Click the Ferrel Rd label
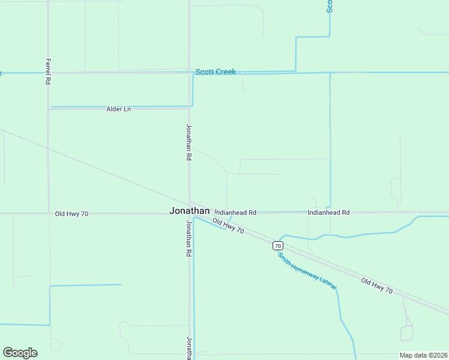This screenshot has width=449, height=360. [x=47, y=71]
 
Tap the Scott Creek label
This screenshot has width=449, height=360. [x=215, y=72]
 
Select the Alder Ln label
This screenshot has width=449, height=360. [x=118, y=109]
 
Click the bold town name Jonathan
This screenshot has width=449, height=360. [x=190, y=211]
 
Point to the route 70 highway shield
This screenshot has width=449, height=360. [x=277, y=245]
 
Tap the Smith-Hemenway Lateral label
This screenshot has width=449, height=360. [x=307, y=272]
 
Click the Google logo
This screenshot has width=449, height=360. [x=20, y=353]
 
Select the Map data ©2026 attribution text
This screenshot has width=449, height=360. [x=423, y=355]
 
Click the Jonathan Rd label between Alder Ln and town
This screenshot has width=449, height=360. [x=188, y=142]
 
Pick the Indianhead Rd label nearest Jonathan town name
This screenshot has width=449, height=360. [x=235, y=212]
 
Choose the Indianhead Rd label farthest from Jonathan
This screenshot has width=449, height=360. [x=328, y=212]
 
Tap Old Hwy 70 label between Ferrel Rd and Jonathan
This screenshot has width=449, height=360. [x=71, y=214]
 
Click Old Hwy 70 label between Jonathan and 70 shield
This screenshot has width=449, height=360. [x=229, y=227]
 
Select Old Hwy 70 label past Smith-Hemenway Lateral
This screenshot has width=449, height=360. [x=377, y=286]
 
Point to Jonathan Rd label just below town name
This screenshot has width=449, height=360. [x=188, y=238]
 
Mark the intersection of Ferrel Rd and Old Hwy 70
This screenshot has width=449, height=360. [x=49, y=213]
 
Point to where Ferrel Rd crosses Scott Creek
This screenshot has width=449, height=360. [x=48, y=73]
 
